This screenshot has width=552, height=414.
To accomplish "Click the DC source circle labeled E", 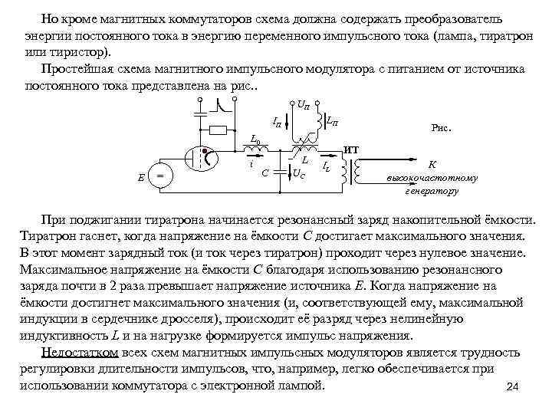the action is pyautogui.click(x=159, y=176).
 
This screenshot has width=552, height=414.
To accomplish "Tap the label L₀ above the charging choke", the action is pyautogui.click(x=257, y=138).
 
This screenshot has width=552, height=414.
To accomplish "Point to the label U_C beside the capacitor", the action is pyautogui.click(x=301, y=173).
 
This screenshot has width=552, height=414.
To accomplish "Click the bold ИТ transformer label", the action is pyautogui.click(x=351, y=148).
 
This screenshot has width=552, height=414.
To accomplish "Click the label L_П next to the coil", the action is pyautogui.click(x=333, y=120).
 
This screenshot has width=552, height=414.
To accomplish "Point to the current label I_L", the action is pyautogui.click(x=326, y=166).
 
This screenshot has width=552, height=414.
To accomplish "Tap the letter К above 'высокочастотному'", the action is pyautogui.click(x=432, y=164).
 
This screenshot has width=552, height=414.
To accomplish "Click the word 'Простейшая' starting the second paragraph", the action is pyautogui.click(x=74, y=69).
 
